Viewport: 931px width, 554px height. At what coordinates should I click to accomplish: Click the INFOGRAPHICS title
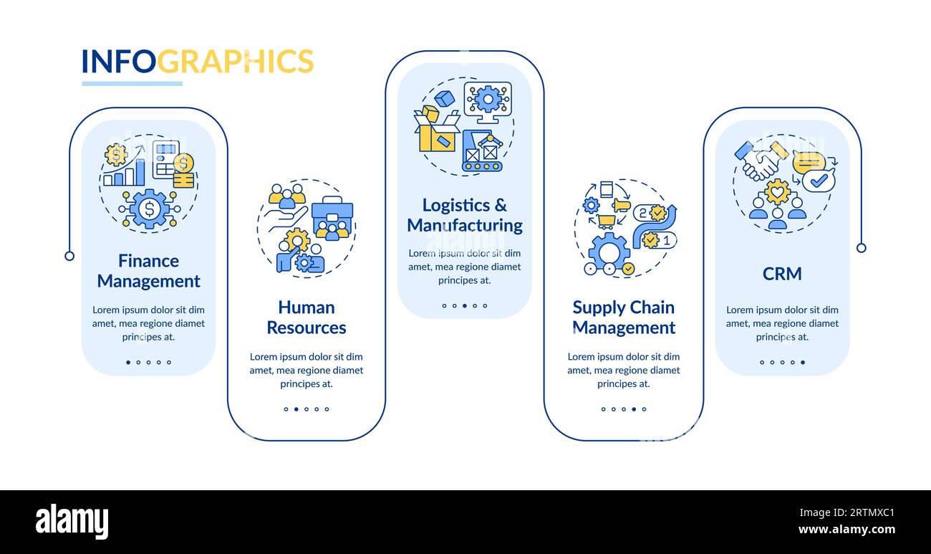click(x=198, y=61)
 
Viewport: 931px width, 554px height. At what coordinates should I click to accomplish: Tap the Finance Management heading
click(x=148, y=271)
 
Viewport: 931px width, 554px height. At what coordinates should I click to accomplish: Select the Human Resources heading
click(x=307, y=317)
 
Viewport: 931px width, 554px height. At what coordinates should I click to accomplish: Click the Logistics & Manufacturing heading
click(x=465, y=215)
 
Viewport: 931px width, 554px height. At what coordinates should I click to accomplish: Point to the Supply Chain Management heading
click(x=624, y=317)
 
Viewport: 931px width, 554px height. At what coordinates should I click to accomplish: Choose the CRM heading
click(x=782, y=274)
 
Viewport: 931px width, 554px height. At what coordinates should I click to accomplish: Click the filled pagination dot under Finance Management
click(x=128, y=362)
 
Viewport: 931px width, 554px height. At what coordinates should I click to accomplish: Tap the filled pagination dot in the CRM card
click(x=803, y=362)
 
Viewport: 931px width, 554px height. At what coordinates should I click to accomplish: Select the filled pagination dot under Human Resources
click(x=296, y=409)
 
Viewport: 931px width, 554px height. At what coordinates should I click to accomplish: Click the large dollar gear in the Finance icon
click(x=149, y=209)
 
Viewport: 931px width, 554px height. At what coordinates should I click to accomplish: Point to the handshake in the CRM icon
click(x=761, y=161)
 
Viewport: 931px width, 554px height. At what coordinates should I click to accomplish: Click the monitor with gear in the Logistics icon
click(x=488, y=102)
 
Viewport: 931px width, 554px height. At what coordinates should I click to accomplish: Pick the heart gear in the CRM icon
click(x=778, y=192)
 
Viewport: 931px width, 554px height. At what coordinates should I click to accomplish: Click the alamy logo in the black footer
click(x=72, y=521)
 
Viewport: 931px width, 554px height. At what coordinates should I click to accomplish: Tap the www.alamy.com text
click(x=846, y=530)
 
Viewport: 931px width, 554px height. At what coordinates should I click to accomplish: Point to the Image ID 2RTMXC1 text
click(x=847, y=512)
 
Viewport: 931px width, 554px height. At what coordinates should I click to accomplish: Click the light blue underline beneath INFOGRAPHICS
click(x=132, y=84)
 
